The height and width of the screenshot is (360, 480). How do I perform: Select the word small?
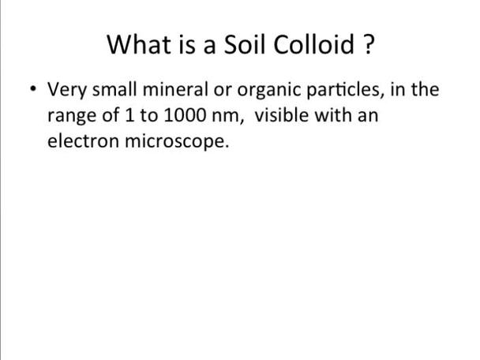[x=118, y=90]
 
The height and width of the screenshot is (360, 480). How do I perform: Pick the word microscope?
[x=178, y=144]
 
